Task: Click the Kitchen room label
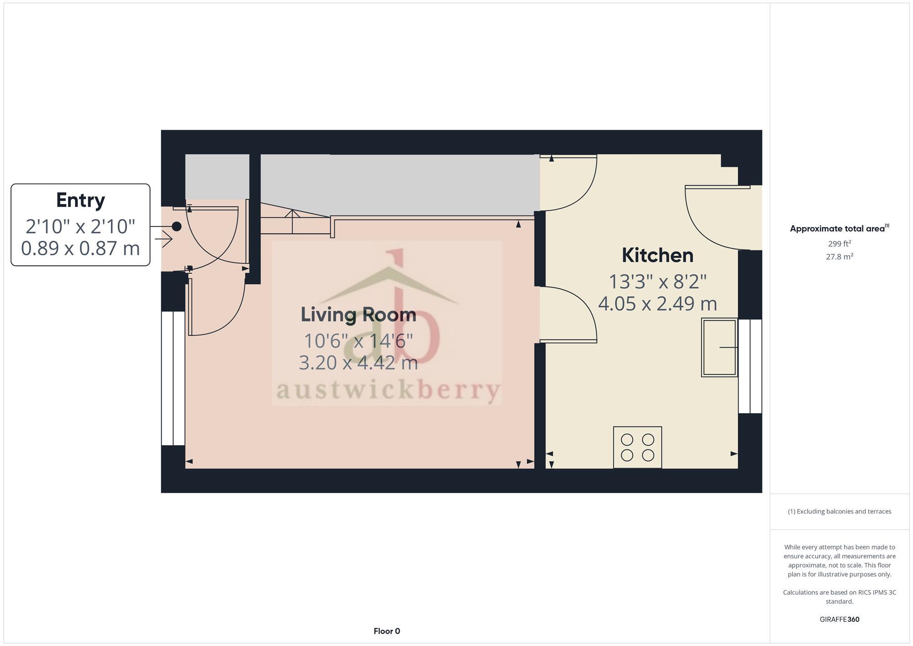pos(657,255)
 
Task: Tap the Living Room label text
pos(358,315)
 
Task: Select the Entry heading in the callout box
pos(80,200)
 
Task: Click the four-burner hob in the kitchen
pos(637,447)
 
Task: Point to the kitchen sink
pos(719,347)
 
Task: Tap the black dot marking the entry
pos(177,226)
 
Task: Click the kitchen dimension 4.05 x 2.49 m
pos(657,304)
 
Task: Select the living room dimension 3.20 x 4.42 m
pos(358,362)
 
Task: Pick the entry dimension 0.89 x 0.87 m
pos(80,248)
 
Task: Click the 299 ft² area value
pos(840,244)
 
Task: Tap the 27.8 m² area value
pos(840,257)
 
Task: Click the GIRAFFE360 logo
pos(840,620)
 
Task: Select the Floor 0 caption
pos(387,631)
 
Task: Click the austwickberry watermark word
pos(388,391)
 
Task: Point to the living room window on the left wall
pos(173,378)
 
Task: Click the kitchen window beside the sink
pos(750,366)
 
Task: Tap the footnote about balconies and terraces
pos(840,511)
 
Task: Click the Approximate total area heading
pos(839,229)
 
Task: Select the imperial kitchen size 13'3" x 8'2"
pos(657,282)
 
